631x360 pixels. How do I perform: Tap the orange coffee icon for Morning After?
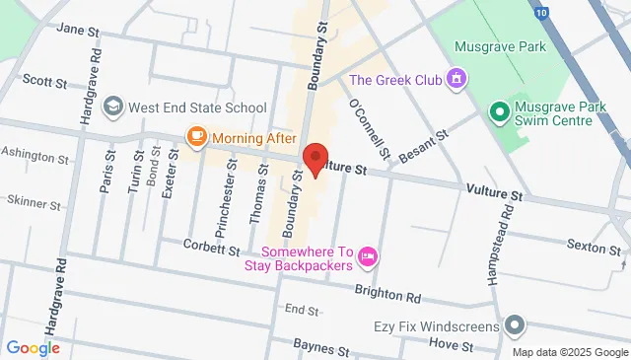coord(196,137)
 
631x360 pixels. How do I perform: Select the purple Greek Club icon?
coord(456,78)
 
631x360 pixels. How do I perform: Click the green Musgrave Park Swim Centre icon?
coord(499,112)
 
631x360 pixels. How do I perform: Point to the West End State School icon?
coord(113,106)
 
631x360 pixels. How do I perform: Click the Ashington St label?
coord(35,156)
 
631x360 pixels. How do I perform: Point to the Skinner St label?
coord(34,201)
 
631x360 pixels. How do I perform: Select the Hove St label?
coord(452,318)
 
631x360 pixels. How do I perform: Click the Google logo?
coord(33,321)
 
